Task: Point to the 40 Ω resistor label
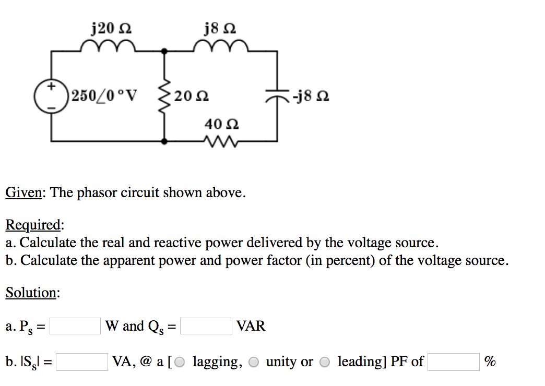point(222,124)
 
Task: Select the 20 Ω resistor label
point(193,96)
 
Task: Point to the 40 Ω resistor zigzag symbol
point(221,141)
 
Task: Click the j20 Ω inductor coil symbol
point(109,48)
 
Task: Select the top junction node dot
point(165,51)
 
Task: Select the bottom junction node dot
point(165,141)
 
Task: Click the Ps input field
point(75,326)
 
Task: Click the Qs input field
point(206,326)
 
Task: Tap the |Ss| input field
point(82,361)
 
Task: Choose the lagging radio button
point(180,361)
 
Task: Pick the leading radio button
point(325,361)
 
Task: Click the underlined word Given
point(23,193)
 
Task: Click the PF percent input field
point(453,361)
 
